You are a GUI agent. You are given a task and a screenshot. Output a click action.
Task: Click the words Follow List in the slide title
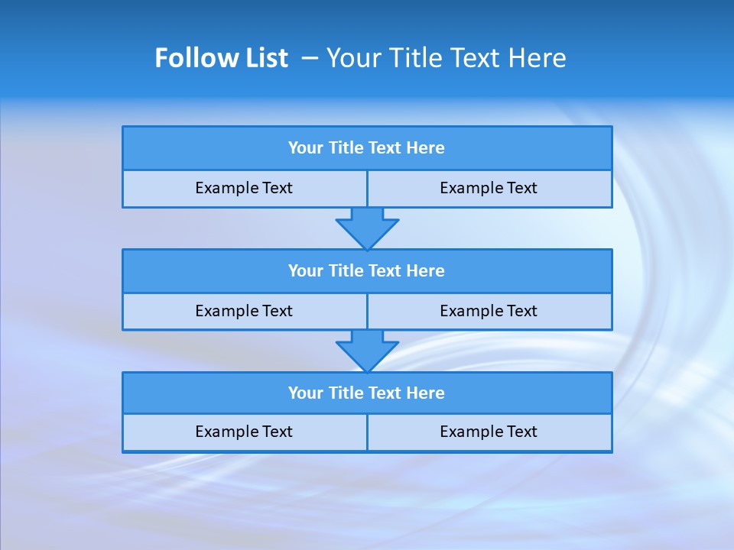(221, 58)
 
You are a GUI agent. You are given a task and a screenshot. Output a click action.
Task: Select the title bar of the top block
(367, 148)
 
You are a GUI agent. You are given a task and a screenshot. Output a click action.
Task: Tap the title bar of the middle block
(367, 271)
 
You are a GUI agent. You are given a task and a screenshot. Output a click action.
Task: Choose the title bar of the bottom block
(367, 393)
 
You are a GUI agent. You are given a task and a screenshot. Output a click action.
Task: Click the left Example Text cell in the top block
(245, 189)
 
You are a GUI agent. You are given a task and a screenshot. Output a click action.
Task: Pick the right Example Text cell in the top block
(489, 189)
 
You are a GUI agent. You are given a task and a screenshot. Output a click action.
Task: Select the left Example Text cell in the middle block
(245, 312)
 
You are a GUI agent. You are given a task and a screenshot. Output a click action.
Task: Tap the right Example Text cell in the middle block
(489, 312)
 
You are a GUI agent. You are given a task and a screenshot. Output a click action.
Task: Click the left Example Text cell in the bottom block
(245, 432)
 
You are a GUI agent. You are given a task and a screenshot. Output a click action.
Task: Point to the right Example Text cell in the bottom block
(489, 432)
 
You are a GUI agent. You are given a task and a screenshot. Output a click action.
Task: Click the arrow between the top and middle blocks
(367, 228)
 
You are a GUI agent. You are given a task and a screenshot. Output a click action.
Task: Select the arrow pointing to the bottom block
(367, 351)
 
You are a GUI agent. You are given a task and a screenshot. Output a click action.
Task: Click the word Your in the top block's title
(306, 148)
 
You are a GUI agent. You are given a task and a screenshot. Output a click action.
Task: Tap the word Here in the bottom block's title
(425, 393)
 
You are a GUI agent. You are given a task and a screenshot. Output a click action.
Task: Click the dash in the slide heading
(310, 58)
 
